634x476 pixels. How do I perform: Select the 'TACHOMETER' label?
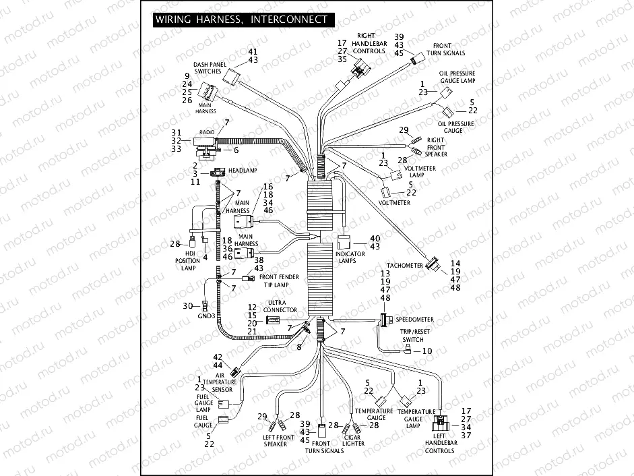click(x=404, y=266)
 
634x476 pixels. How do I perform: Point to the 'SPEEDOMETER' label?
click(x=414, y=319)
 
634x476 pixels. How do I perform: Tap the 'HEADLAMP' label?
click(x=243, y=171)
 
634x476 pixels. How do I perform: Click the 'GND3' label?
click(x=207, y=316)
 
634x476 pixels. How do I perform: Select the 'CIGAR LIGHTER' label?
click(x=353, y=440)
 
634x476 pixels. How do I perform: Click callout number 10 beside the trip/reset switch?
click(x=427, y=351)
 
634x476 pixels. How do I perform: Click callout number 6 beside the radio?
click(x=236, y=149)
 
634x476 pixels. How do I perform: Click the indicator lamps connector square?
click(x=343, y=241)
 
